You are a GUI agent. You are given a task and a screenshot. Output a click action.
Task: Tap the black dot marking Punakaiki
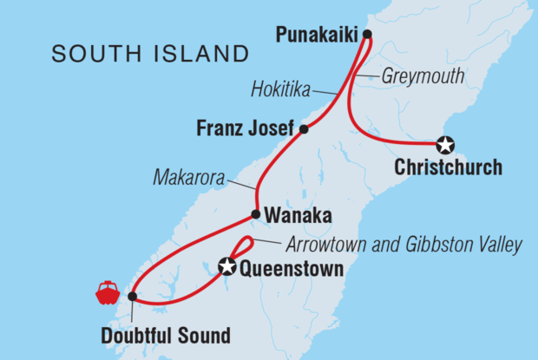tap(367, 35)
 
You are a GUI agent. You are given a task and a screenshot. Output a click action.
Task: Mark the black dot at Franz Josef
tap(304, 130)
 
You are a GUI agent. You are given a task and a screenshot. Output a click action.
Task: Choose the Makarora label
tap(188, 178)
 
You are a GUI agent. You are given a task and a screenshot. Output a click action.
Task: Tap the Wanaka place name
tap(296, 214)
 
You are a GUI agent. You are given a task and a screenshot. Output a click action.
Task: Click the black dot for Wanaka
tap(256, 214)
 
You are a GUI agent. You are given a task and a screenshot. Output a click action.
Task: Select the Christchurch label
tap(448, 167)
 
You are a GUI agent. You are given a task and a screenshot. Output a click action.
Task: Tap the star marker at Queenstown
tap(227, 267)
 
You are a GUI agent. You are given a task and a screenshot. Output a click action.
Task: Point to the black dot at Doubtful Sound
tap(132, 297)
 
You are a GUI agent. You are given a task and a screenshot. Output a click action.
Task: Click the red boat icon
tap(108, 293)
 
